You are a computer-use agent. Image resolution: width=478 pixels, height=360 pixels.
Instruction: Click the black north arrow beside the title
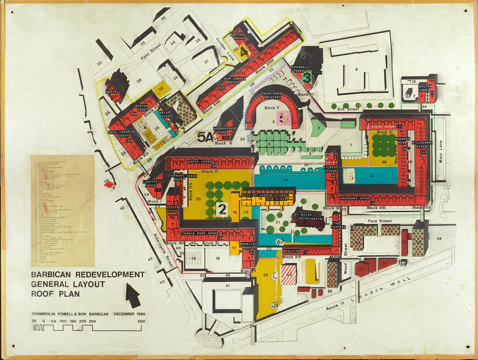133,293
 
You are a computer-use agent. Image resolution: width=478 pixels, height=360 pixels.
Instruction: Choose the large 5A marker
205,137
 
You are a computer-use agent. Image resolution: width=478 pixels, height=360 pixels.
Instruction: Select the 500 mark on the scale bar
141,321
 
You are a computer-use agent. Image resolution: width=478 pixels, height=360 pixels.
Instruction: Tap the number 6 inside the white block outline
357,69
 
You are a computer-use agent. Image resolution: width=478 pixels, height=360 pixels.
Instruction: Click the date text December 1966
129,314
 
